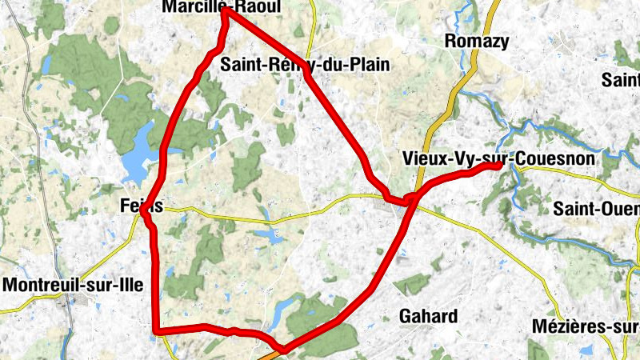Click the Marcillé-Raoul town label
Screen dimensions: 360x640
pyautogui.click(x=222, y=6)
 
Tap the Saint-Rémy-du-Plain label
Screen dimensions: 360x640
pyautogui.click(x=305, y=65)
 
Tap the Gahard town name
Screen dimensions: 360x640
pyautogui.click(x=429, y=315)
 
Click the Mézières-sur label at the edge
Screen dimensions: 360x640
pyautogui.click(x=585, y=326)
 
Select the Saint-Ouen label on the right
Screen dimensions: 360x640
pyautogui.click(x=596, y=209)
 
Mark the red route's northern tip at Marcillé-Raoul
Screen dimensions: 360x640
pyautogui.click(x=226, y=11)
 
